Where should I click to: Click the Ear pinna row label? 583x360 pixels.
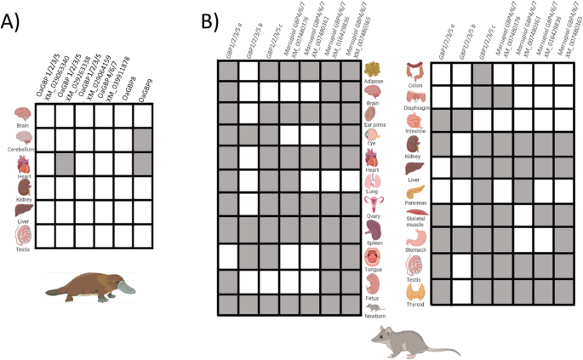click(x=373, y=125)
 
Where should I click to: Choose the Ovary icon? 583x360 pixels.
click(x=373, y=202)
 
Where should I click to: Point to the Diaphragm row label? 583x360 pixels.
click(x=415, y=109)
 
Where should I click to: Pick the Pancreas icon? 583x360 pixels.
click(x=415, y=193)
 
